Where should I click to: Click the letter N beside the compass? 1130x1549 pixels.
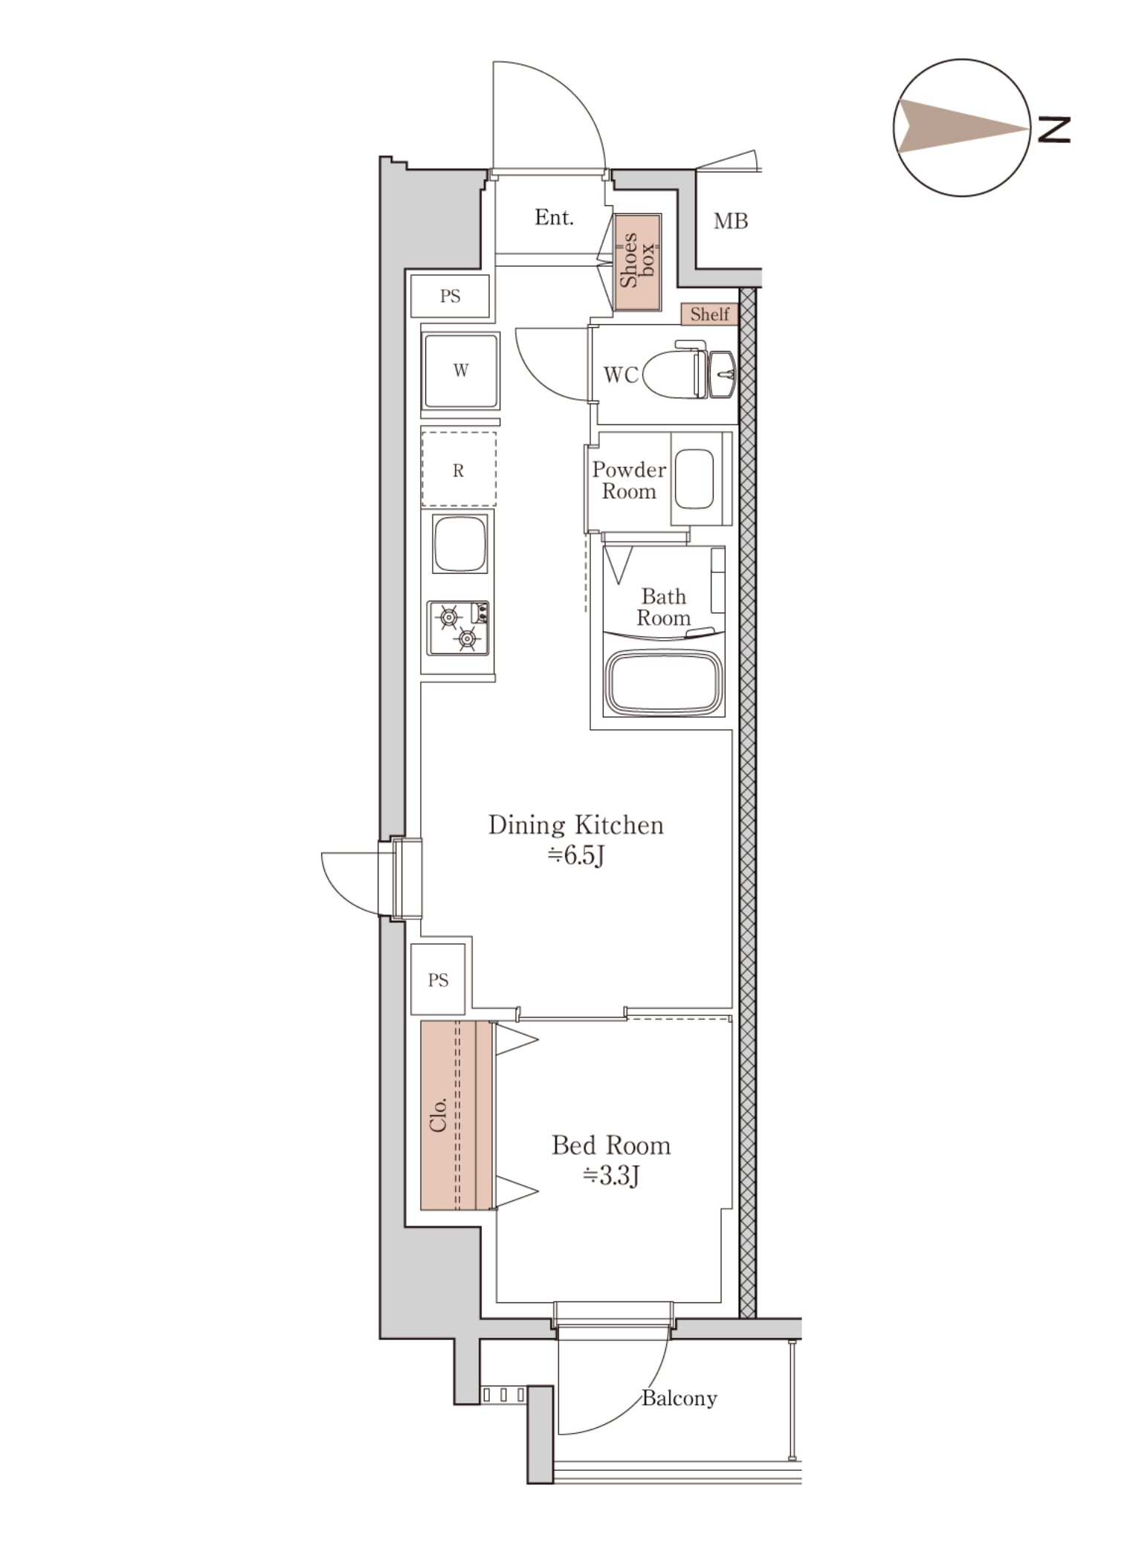(x=1053, y=129)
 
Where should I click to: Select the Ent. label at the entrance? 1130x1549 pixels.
(x=554, y=217)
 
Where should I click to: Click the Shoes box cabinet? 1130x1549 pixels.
(x=637, y=262)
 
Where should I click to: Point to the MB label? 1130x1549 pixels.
(x=730, y=221)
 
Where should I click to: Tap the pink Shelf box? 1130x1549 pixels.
(x=709, y=314)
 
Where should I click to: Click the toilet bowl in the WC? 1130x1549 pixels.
(x=674, y=374)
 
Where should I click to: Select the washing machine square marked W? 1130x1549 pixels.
(x=460, y=370)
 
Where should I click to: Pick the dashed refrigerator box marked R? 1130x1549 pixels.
(x=459, y=470)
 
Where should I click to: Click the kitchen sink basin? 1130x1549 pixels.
(x=460, y=543)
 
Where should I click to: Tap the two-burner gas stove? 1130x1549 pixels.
(x=459, y=628)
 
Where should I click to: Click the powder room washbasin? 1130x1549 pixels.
(x=694, y=479)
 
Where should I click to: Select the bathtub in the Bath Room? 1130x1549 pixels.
(x=664, y=682)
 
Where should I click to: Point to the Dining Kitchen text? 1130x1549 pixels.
(x=575, y=825)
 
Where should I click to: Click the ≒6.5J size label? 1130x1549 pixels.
(x=575, y=856)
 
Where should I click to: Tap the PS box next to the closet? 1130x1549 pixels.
(x=438, y=980)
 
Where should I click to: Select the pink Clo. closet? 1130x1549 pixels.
(x=457, y=1115)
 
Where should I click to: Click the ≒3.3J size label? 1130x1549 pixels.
(x=610, y=1175)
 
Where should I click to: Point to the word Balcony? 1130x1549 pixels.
(x=679, y=1398)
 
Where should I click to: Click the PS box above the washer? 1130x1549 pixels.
(x=450, y=296)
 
